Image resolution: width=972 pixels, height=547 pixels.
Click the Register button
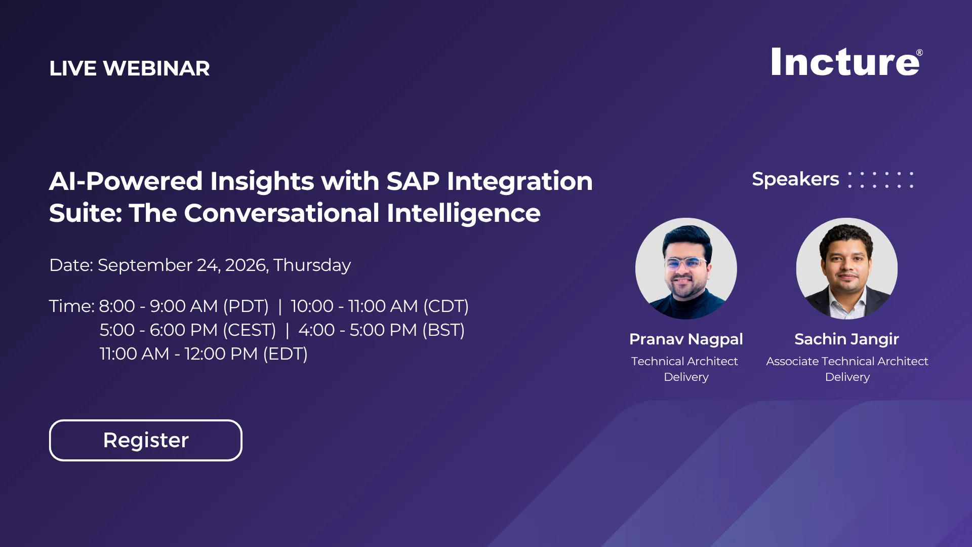146,440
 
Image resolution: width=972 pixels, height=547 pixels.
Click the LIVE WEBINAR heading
130,68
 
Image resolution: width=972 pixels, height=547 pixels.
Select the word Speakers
795,179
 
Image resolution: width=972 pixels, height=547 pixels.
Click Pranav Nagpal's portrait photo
686,268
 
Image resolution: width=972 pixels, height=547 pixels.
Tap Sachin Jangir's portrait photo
847,268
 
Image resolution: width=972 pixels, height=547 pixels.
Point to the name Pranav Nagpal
686,339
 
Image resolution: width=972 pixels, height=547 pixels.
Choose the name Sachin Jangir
847,339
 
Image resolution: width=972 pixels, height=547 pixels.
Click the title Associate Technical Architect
847,361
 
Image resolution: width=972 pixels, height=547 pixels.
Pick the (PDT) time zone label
246,306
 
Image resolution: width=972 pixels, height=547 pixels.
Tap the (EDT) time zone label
286,354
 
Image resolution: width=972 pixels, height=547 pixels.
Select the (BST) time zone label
443,330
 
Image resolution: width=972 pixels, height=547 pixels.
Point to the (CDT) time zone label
446,306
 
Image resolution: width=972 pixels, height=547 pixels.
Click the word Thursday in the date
312,265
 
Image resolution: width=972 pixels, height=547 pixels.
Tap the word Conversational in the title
282,213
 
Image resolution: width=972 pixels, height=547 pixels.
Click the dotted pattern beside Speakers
881,180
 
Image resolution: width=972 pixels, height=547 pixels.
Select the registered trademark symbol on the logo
919,53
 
